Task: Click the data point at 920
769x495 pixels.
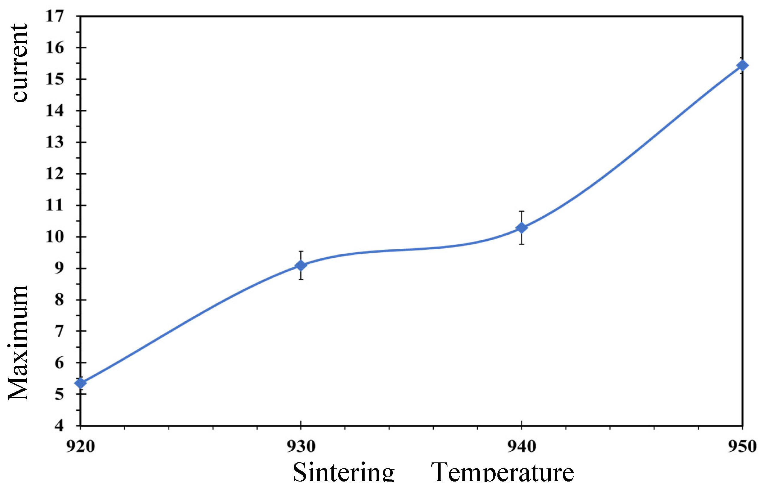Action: [80, 383]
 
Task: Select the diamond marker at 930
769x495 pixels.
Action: [301, 265]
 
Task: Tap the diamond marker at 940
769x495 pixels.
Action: [521, 228]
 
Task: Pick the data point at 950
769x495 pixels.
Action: [742, 65]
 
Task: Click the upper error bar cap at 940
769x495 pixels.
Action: [521, 212]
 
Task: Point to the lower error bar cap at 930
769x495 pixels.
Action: [301, 279]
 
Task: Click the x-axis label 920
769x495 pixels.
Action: [80, 447]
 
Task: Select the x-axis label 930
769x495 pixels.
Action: [301, 447]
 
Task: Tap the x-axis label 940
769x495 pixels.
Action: [521, 447]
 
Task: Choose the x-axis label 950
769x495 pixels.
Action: [742, 447]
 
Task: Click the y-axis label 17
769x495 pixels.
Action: [55, 16]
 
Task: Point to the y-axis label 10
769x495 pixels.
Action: [55, 237]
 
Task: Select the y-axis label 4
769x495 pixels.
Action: [59, 426]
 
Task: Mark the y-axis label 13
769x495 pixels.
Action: [55, 142]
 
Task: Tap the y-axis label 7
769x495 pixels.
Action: [59, 331]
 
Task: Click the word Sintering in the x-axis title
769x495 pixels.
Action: [343, 473]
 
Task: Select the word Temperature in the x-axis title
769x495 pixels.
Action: [502, 473]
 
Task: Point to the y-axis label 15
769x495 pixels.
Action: [55, 79]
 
